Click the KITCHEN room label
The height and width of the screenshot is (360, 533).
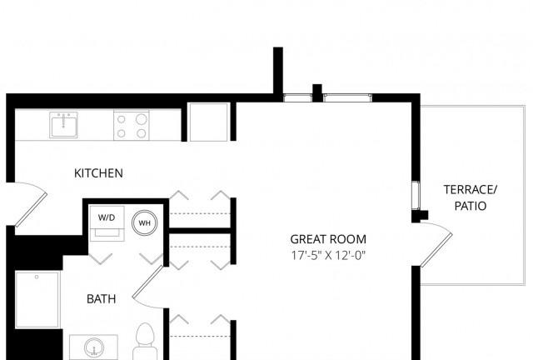[x=98, y=173]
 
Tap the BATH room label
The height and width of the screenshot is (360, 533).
[x=102, y=299]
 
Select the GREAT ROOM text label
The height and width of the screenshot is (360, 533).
[x=328, y=239]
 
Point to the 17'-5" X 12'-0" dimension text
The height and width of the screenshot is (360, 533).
[x=328, y=255]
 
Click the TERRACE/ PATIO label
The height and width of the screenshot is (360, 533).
[x=471, y=197]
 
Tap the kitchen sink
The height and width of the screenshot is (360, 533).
[x=63, y=125]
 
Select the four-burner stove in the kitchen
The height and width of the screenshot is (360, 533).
[x=132, y=125]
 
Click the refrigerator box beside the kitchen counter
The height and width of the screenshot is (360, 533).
[x=208, y=122]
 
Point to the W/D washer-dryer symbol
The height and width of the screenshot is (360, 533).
[x=107, y=223]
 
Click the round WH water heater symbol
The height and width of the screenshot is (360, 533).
[x=144, y=222]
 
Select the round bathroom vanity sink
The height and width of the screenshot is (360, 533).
[x=94, y=347]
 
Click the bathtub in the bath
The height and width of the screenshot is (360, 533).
[x=37, y=299]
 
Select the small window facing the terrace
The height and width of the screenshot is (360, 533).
[x=416, y=195]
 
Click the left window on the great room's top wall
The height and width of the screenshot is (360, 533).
[x=297, y=98]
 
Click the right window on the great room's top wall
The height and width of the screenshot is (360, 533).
[x=347, y=98]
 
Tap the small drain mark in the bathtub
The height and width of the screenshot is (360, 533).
[x=37, y=277]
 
